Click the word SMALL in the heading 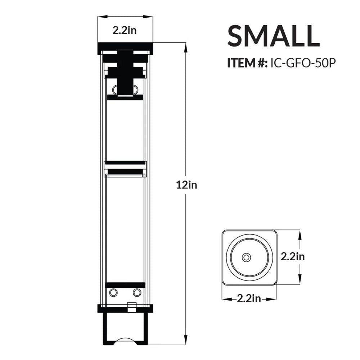tap(273, 36)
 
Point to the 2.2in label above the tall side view tap(124, 30)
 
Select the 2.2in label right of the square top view tap(293, 256)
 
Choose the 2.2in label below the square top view tap(249, 298)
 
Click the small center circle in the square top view tap(247, 257)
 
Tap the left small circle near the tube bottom tap(113, 293)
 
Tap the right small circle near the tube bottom tap(137, 293)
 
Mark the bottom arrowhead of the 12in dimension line tap(186, 341)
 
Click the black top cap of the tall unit tap(125, 48)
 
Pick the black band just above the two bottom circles tap(125, 285)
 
